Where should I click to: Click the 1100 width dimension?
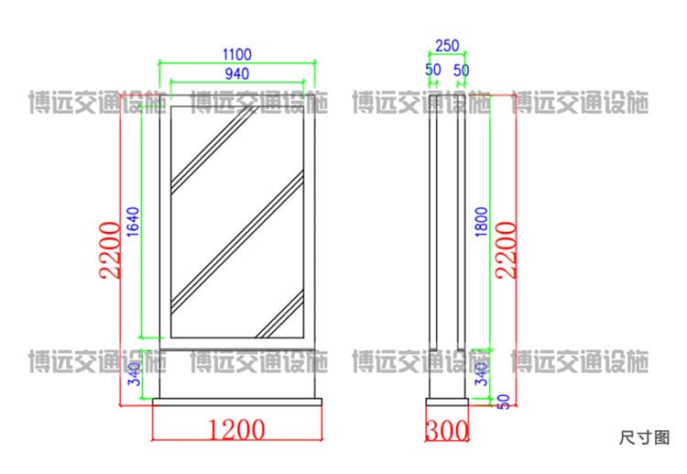coord(237,54)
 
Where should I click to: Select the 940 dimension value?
coord(237,73)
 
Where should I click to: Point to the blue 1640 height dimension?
coord(133,222)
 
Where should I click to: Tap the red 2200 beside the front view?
coord(110,250)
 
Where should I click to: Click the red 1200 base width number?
coord(236,429)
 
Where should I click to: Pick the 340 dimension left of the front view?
coord(134,374)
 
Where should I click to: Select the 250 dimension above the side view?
coord(447,46)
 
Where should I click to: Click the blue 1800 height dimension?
coord(481,222)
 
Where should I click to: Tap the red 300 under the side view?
coord(447,430)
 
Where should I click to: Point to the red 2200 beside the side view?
coord(506,250)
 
